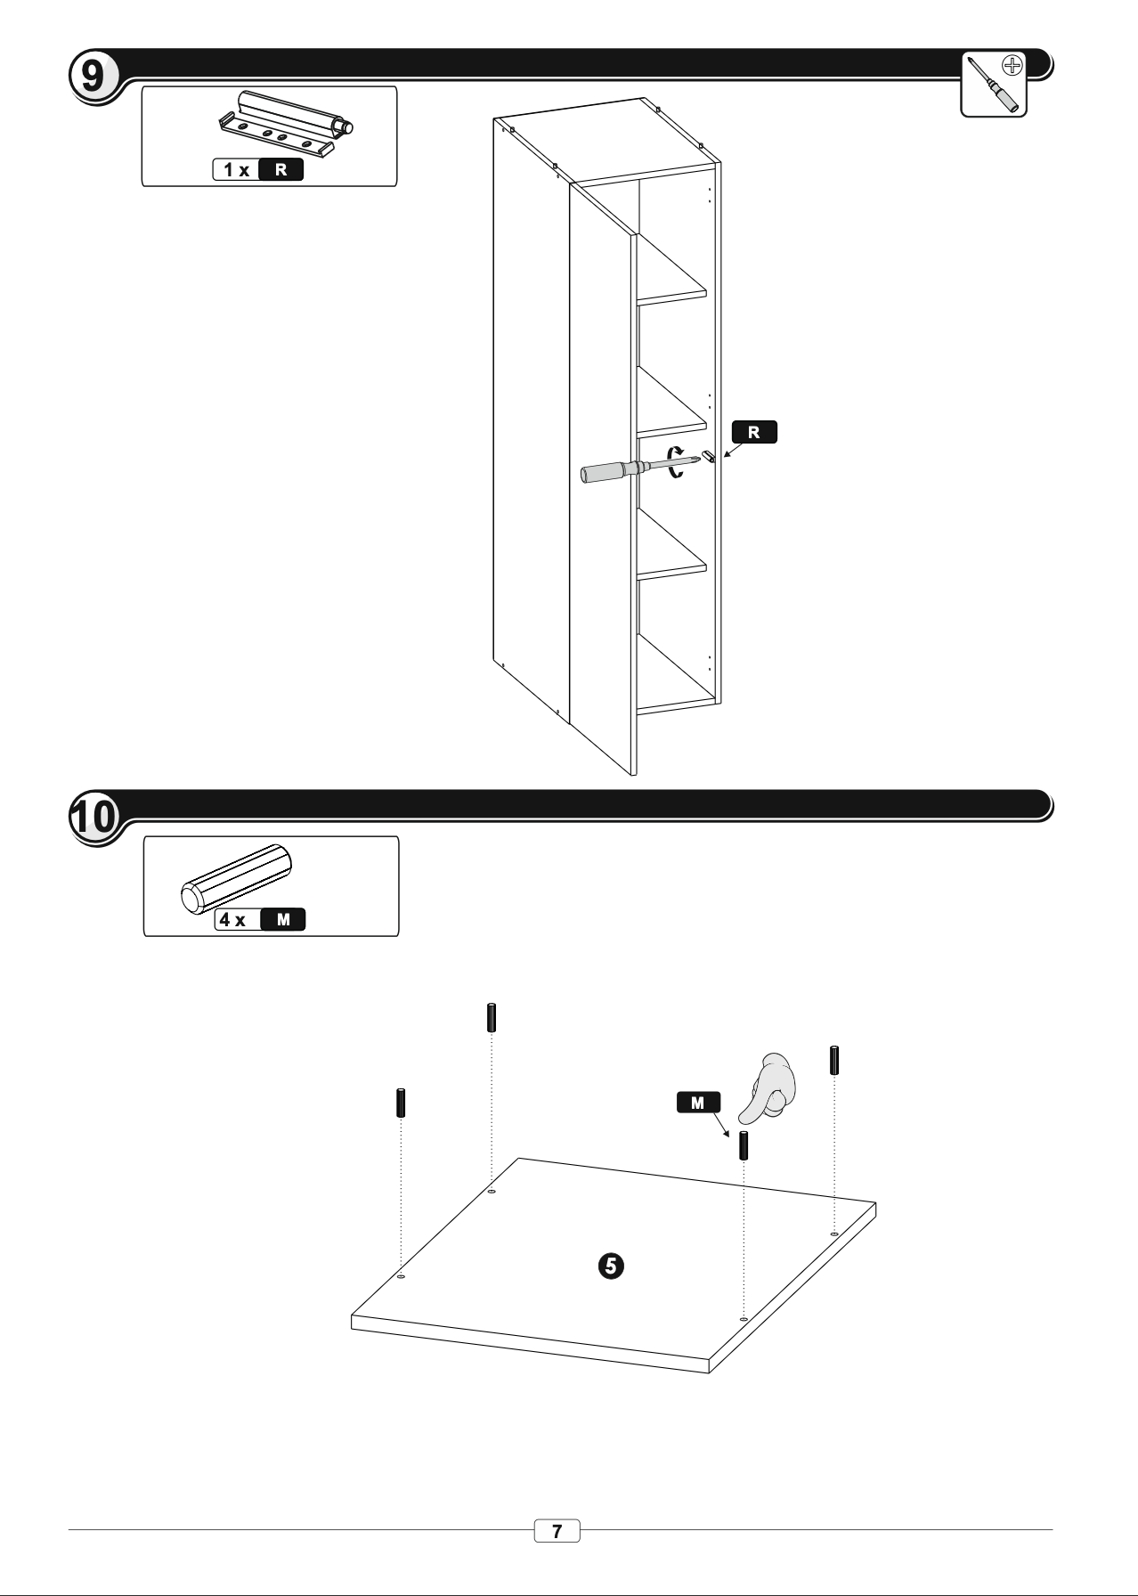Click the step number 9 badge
point(92,77)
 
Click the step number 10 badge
point(93,817)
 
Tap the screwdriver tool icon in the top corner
point(994,84)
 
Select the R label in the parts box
point(280,169)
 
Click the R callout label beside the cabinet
point(754,432)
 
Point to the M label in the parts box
point(283,919)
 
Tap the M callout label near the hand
point(698,1103)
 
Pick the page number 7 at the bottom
point(557,1532)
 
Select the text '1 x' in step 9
point(237,169)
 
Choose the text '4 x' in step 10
point(233,919)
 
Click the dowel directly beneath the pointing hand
point(744,1145)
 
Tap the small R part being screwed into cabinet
point(709,456)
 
